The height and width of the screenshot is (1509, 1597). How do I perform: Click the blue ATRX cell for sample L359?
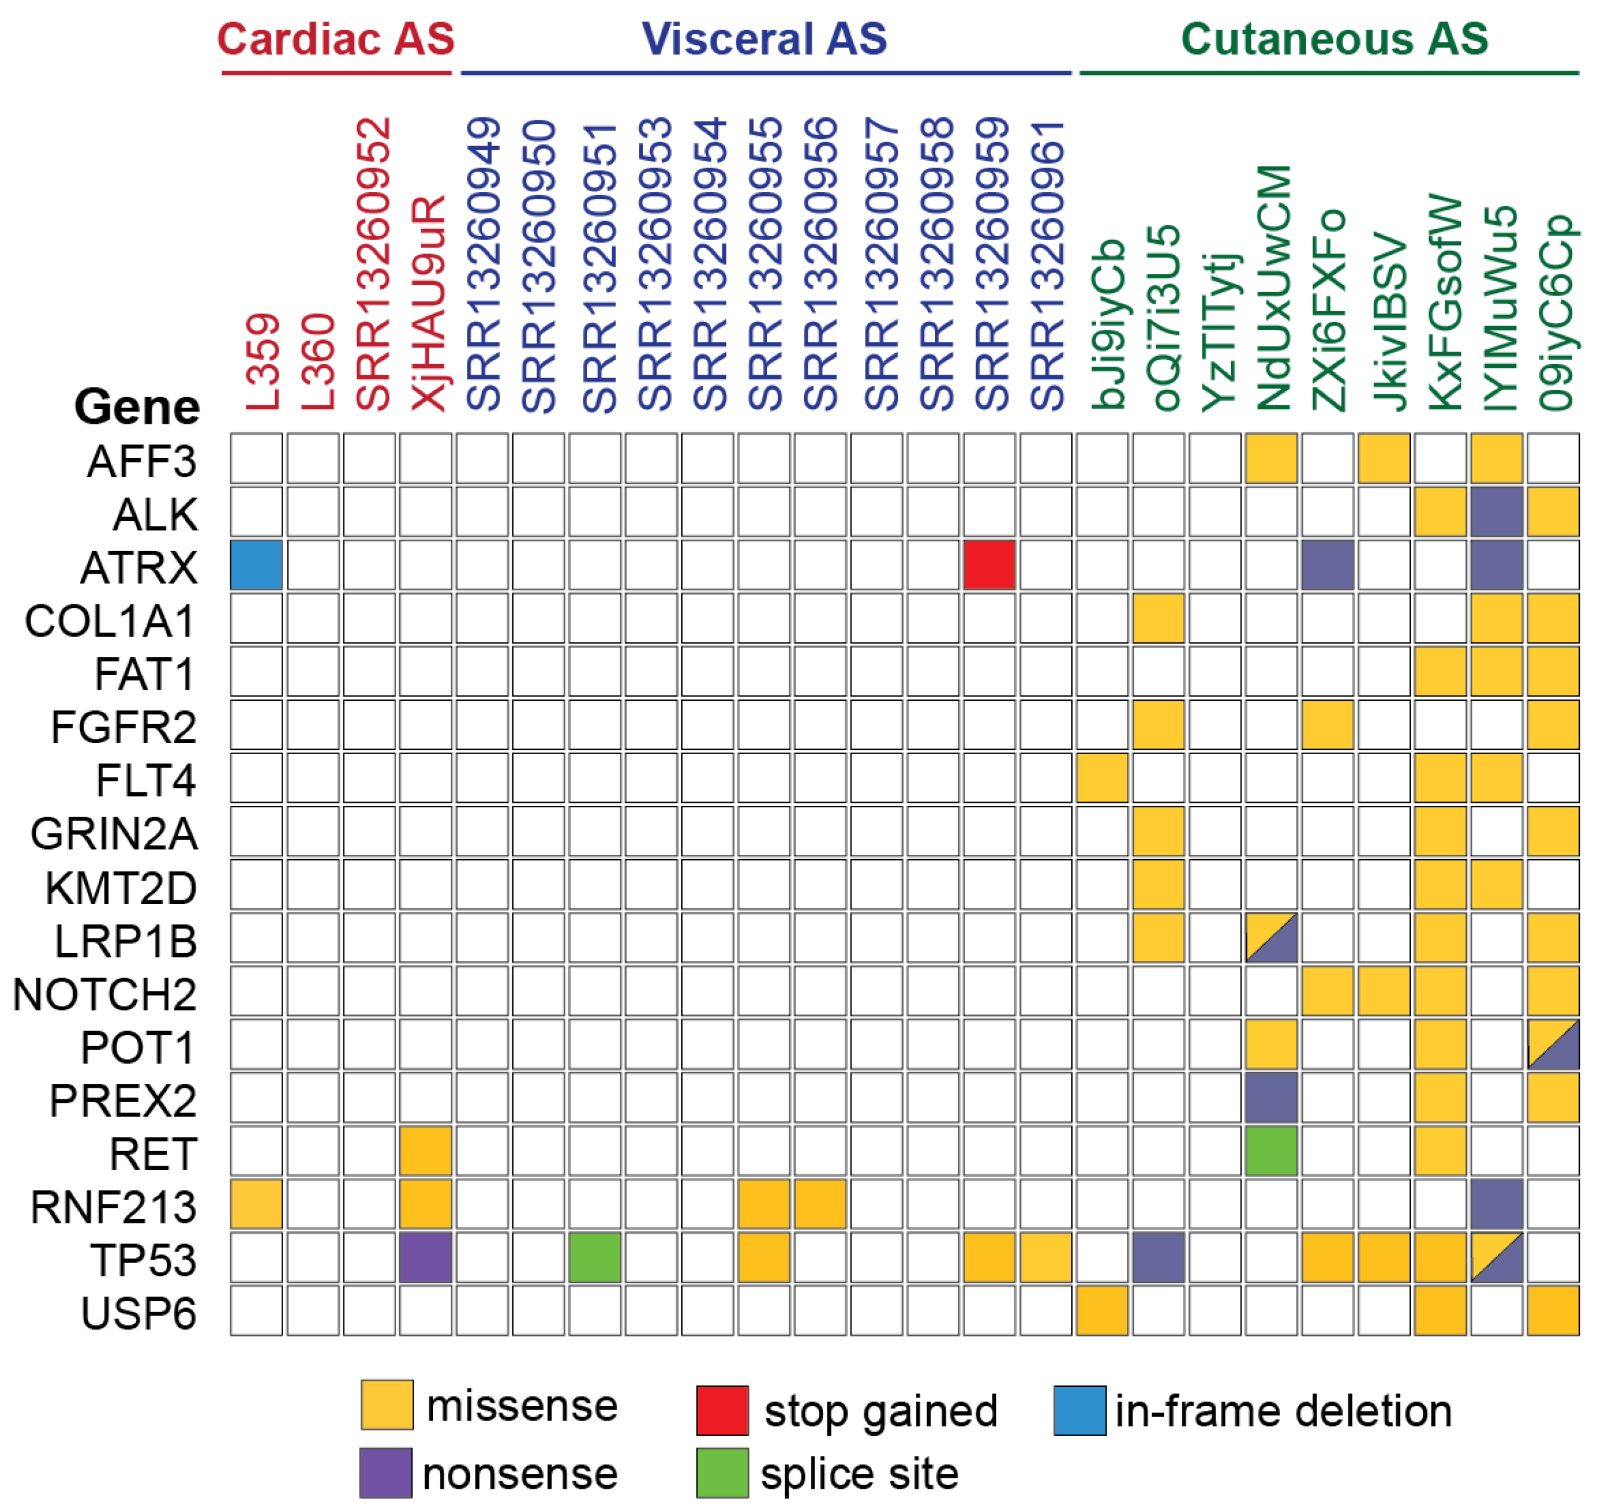[x=256, y=564]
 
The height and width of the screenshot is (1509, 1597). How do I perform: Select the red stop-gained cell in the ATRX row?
[x=989, y=564]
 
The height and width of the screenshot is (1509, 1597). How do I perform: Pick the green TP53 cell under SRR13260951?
[x=595, y=1257]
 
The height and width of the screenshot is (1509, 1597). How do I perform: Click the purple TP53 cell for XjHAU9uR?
[x=426, y=1257]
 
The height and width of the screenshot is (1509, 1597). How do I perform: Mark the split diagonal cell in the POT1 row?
[x=1553, y=1044]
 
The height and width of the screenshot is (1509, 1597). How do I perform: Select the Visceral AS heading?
[x=764, y=39]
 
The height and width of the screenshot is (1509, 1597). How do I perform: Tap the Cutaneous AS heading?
[x=1334, y=39]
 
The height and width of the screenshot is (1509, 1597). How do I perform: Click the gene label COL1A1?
[x=110, y=621]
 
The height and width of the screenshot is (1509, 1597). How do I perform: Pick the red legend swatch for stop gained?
[x=722, y=1410]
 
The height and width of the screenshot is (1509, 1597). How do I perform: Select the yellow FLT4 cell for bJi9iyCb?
[x=1101, y=778]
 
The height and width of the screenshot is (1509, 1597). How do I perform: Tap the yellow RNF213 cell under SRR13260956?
[x=820, y=1204]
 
